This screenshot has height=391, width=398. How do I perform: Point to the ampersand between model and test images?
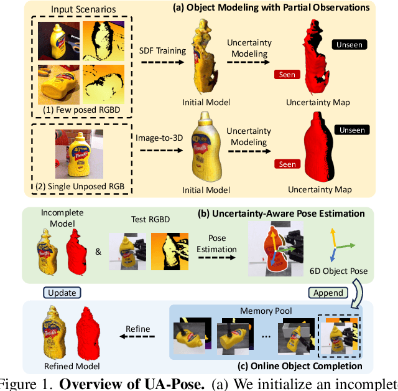(x=98, y=252)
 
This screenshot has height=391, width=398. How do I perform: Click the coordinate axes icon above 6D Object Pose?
(x=338, y=242)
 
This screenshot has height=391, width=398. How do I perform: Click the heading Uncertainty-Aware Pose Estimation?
(x=281, y=214)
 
